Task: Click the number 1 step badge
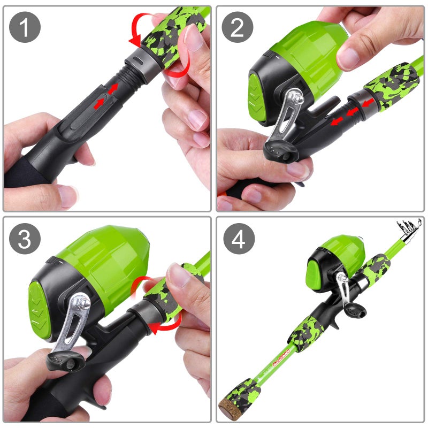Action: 25,27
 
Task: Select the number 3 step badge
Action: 25,239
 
